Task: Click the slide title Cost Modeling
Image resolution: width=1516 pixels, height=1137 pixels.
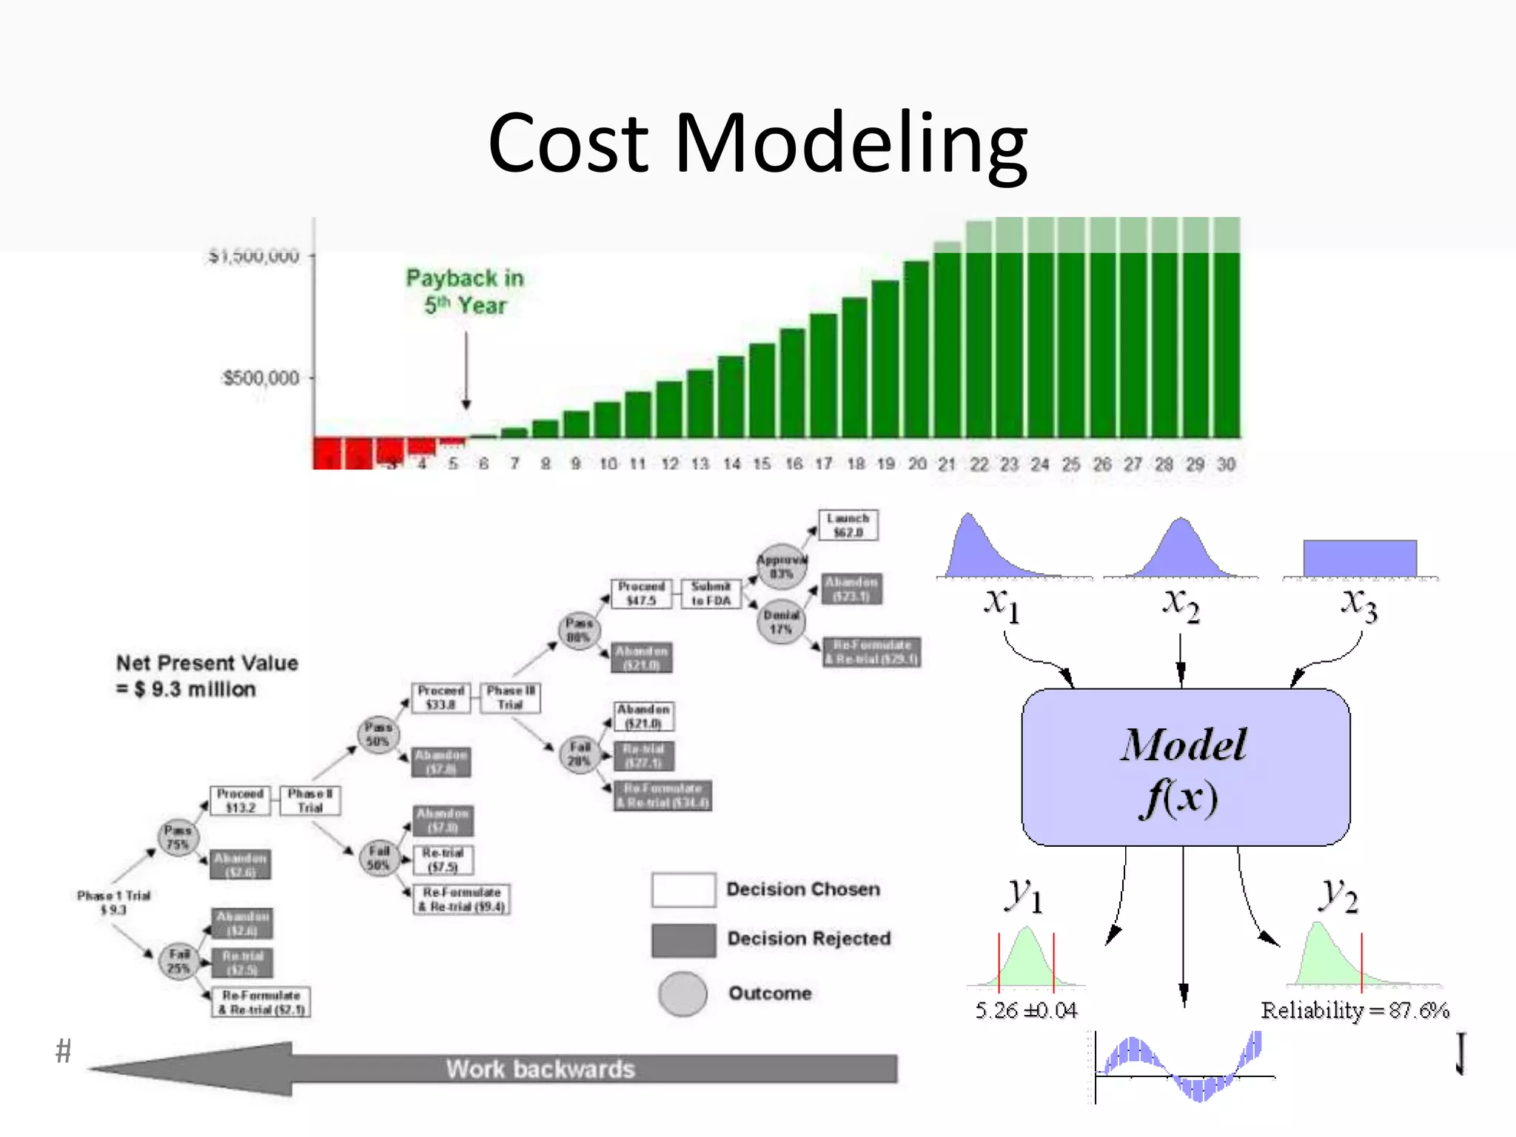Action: tap(757, 142)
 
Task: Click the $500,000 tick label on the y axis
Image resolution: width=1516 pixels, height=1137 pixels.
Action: tap(261, 378)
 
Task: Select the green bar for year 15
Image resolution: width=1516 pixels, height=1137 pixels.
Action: tap(762, 390)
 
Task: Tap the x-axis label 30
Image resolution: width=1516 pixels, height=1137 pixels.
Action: tap(1226, 464)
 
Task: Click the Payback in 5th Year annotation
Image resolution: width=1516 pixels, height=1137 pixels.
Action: tap(465, 292)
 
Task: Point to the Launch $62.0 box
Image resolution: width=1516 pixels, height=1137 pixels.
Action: tap(848, 526)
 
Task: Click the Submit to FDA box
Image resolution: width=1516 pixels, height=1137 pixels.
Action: tap(711, 594)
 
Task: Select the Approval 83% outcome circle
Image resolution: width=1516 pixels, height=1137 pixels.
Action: tap(781, 567)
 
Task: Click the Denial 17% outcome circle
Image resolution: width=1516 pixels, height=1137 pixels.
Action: tap(781, 622)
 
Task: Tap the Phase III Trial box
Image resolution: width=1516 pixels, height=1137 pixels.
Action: tap(510, 697)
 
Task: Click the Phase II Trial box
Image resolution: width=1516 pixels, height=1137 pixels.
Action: tap(310, 800)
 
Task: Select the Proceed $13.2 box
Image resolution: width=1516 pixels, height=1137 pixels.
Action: tap(240, 800)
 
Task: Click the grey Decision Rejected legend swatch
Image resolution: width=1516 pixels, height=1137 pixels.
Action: tap(683, 940)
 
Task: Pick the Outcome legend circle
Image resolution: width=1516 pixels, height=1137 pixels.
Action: tap(682, 993)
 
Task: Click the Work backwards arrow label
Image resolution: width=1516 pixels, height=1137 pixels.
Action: tap(540, 1069)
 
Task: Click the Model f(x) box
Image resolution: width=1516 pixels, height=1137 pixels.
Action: tap(1185, 768)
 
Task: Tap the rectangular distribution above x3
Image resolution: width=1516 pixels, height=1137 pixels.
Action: tap(1360, 558)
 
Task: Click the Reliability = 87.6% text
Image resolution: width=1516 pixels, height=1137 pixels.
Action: tap(1355, 1010)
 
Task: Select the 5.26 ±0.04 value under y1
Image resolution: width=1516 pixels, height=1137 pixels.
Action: tap(1026, 1010)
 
